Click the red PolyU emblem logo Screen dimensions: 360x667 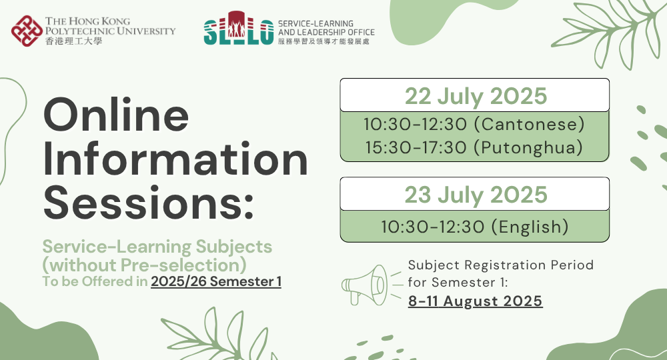click(x=25, y=31)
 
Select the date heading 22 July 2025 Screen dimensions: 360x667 click(x=475, y=96)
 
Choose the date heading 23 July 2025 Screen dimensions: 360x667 click(x=475, y=195)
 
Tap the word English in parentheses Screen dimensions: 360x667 click(x=530, y=227)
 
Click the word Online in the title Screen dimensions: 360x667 click(x=116, y=114)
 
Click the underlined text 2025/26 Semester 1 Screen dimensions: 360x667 click(x=216, y=281)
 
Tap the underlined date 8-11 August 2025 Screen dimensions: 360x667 click(x=475, y=301)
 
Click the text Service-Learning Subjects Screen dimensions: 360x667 click(x=157, y=246)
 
